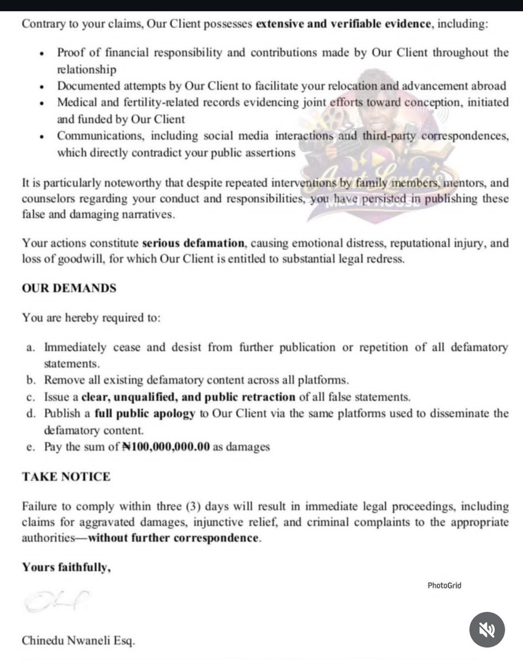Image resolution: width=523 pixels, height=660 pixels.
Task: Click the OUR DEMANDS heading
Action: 69,288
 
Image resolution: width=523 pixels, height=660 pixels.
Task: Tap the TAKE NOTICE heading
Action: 66,477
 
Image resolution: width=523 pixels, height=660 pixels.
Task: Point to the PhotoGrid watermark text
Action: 444,585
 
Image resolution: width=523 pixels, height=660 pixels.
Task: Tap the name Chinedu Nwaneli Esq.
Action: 78,641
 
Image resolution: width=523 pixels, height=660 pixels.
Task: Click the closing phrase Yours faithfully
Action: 66,567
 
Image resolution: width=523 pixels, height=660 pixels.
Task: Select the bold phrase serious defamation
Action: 193,243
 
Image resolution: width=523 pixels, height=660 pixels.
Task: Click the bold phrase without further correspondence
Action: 173,538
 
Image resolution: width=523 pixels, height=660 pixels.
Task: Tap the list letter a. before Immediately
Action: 31,348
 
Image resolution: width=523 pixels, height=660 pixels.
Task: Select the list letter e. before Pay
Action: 31,447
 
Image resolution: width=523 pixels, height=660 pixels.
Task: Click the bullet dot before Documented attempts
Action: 44,87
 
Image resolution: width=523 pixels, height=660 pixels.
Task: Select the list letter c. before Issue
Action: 31,397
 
